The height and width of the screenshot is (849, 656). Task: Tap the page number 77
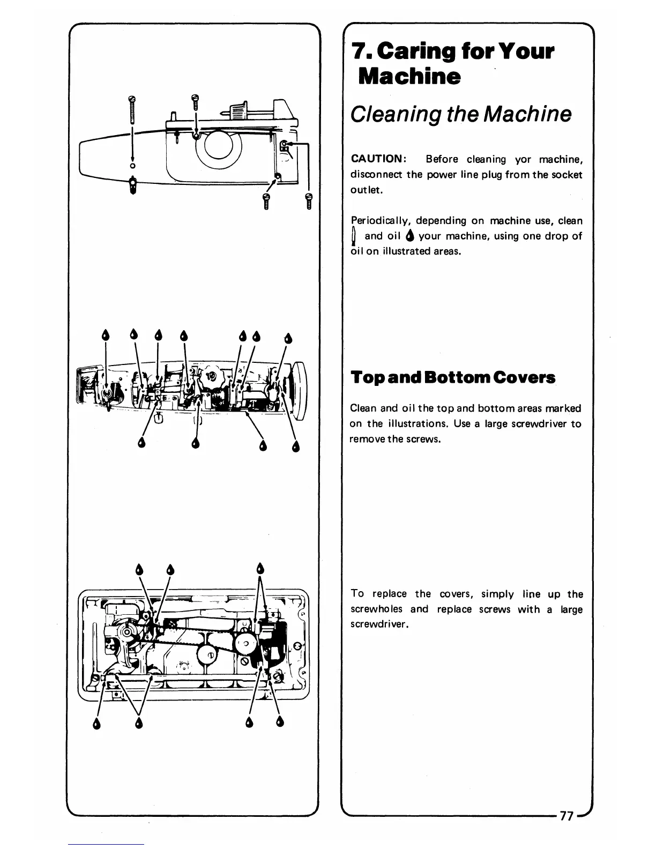tap(566, 816)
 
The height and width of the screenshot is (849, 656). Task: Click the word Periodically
tap(380, 221)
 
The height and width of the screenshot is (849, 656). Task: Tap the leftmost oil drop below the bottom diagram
tap(97, 724)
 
